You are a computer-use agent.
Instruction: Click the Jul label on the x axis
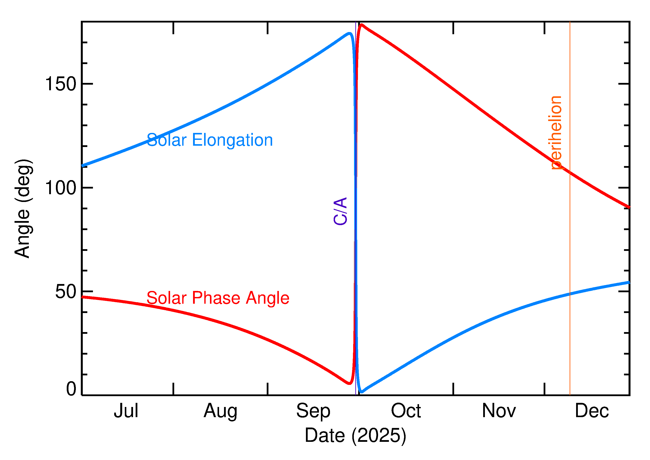click(126, 411)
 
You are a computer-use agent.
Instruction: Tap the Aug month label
click(220, 411)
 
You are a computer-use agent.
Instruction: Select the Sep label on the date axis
click(313, 411)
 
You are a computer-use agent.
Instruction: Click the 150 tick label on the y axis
click(61, 84)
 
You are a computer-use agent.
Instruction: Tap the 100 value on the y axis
click(61, 188)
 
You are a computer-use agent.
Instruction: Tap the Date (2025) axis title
click(355, 435)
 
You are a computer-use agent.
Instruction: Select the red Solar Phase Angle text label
click(218, 298)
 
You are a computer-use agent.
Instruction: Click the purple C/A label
click(340, 211)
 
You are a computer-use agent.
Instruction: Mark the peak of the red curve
click(361, 25)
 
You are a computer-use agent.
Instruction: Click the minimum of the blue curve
click(361, 392)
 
